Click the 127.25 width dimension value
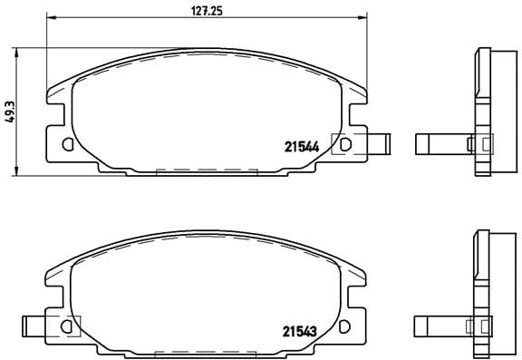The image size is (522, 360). tap(194, 12)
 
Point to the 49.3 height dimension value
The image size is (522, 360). tap(10, 110)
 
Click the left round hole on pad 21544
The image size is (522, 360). tap(68, 143)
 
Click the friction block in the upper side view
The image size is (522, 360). tap(498, 109)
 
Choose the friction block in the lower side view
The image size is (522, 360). tap(498, 290)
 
